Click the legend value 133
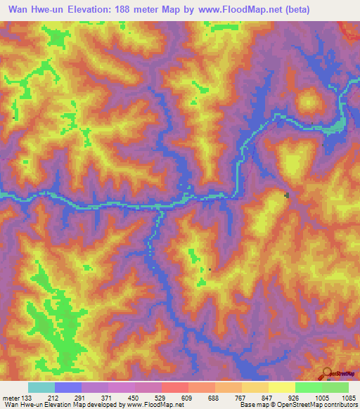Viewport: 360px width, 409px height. coord(27,398)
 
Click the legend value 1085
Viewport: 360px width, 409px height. coord(348,398)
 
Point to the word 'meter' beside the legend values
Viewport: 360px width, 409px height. coord(10,398)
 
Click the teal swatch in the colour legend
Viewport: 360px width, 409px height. coord(41,387)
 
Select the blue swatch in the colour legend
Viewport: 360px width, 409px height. coord(68,387)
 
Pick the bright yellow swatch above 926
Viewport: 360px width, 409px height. coord(282,387)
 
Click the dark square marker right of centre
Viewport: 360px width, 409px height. coord(286,195)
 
